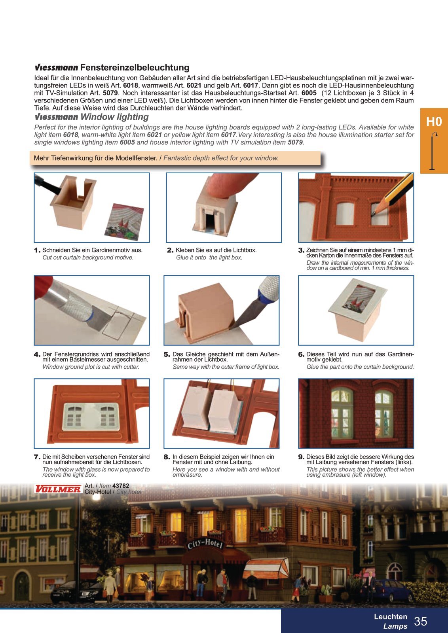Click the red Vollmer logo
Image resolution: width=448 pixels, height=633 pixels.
click(58, 489)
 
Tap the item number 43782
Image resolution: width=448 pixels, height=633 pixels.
click(121, 485)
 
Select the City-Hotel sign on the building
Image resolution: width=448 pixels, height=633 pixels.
click(205, 543)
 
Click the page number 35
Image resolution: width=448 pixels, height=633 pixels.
click(421, 621)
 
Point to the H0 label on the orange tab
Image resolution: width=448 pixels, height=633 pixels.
click(434, 121)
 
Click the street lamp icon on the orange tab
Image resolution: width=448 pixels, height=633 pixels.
click(434, 151)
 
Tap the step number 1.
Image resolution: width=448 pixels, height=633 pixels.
click(37, 250)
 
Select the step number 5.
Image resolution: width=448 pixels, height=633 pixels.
click(167, 354)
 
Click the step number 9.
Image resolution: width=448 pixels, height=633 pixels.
click(301, 457)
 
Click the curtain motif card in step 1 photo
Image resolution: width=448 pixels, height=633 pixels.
click(124, 222)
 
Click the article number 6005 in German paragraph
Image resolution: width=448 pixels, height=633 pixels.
click(309, 93)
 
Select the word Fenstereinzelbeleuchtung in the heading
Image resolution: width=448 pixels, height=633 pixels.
click(135, 68)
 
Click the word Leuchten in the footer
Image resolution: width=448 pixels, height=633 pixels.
click(391, 616)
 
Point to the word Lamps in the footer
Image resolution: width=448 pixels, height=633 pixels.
click(395, 626)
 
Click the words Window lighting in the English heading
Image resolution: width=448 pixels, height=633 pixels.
click(115, 117)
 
